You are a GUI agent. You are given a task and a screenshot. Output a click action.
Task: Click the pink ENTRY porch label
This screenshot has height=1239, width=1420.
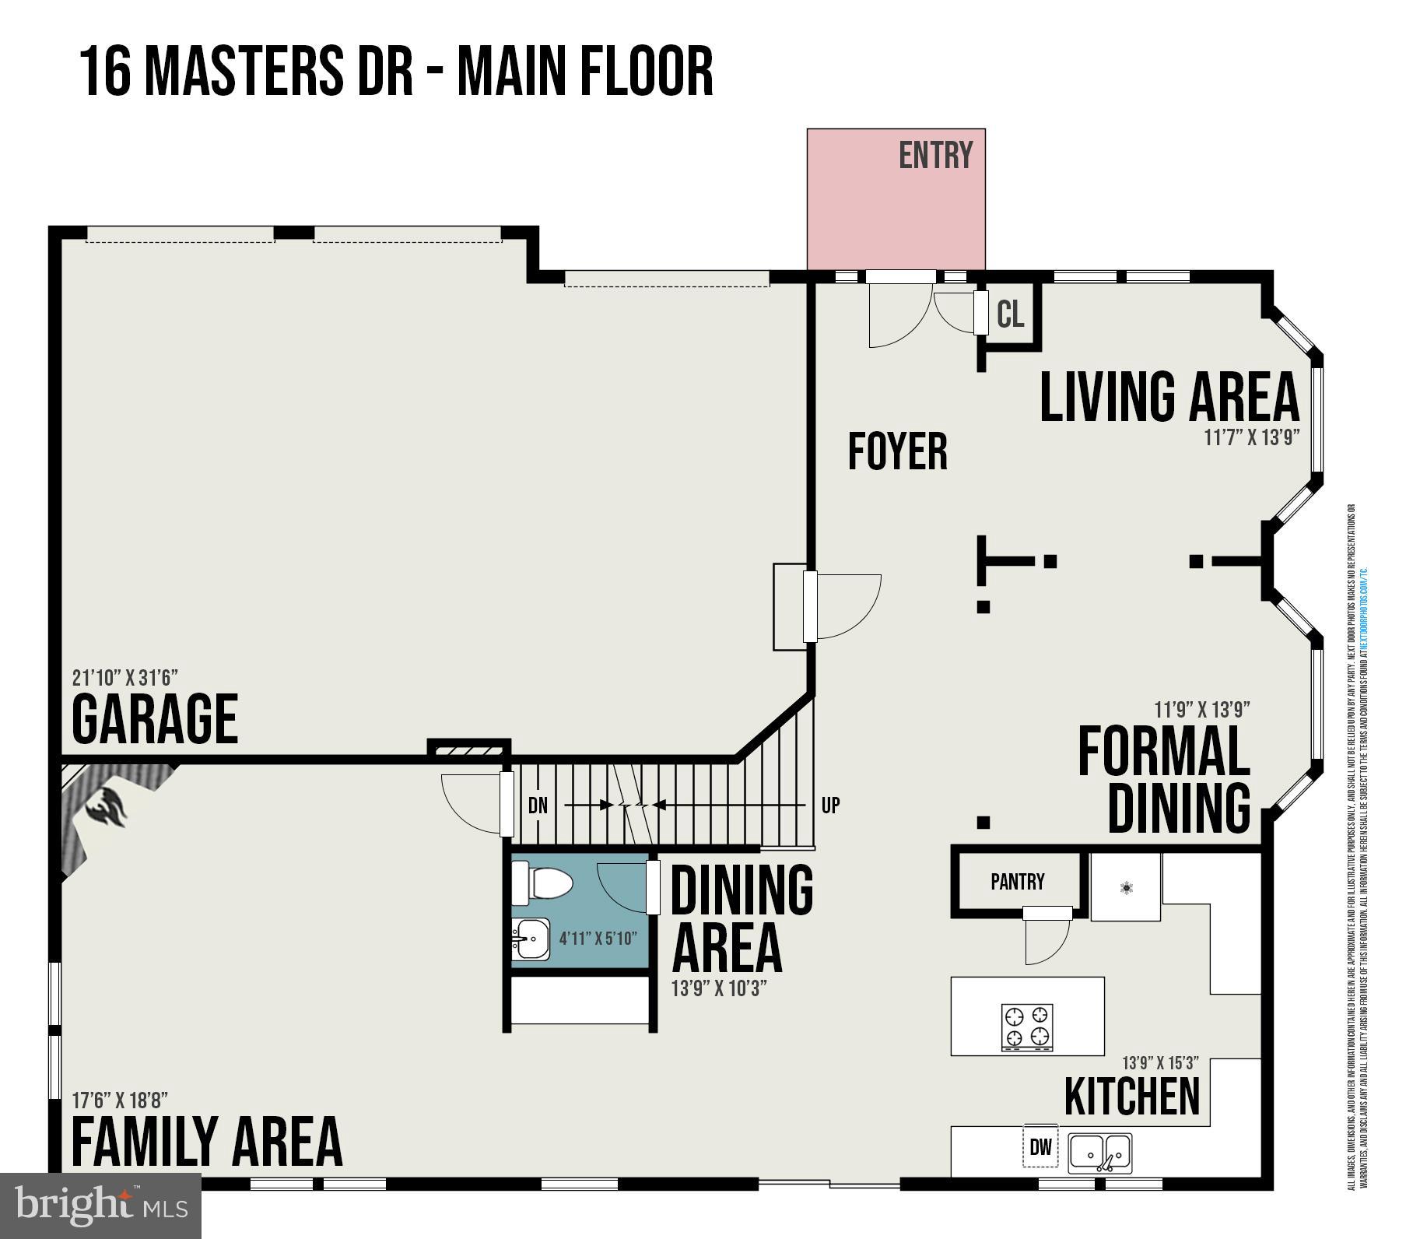point(935,156)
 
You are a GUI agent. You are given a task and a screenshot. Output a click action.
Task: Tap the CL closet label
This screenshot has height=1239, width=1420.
point(1010,314)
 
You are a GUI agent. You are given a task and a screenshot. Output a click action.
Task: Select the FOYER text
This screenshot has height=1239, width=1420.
point(897,451)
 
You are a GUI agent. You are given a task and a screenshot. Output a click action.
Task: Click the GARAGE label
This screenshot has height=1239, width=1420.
point(155,719)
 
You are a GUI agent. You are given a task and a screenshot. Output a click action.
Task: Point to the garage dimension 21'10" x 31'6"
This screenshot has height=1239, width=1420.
point(130,677)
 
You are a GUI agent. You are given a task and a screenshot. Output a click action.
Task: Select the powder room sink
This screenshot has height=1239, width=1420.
point(531,939)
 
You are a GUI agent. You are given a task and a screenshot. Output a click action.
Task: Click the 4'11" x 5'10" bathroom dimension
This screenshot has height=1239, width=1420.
point(598,939)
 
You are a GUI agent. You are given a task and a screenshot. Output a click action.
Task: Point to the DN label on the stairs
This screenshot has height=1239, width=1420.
point(538,806)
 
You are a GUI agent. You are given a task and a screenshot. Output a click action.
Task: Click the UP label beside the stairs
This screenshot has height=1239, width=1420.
point(830,806)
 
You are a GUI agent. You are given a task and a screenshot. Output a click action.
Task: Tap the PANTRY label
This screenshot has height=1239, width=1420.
point(1017,882)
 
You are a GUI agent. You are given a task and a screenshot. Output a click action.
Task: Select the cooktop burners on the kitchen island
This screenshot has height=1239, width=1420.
point(1027,1027)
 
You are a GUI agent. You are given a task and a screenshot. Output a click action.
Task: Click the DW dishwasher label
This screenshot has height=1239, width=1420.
point(1040,1146)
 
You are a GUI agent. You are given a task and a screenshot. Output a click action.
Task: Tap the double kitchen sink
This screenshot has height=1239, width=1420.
point(1100,1153)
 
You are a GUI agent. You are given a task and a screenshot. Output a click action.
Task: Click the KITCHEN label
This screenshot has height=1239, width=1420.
point(1131,1097)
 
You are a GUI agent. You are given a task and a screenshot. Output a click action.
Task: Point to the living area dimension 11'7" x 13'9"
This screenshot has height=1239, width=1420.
point(1252,437)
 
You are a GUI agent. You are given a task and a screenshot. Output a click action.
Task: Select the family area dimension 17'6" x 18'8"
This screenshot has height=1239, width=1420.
point(119,1100)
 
